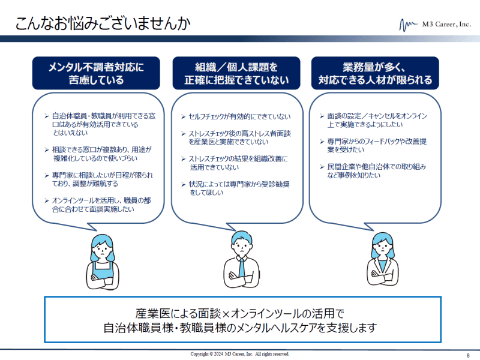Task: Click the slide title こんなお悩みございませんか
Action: pyautogui.click(x=103, y=23)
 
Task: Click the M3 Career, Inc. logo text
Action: pyautogui.click(x=446, y=24)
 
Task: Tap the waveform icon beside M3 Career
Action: pyautogui.click(x=409, y=25)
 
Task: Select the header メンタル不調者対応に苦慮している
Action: pyautogui.click(x=96, y=73)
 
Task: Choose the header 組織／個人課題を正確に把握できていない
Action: pyautogui.click(x=236, y=73)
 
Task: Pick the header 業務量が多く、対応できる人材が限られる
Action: pyautogui.click(x=375, y=73)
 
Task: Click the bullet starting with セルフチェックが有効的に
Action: pyautogui.click(x=236, y=116)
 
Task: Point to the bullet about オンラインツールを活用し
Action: pyautogui.click(x=98, y=205)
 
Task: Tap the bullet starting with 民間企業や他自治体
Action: pyautogui.click(x=373, y=171)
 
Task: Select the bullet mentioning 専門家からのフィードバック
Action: pyautogui.click(x=373, y=145)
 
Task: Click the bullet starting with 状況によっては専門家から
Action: pyautogui.click(x=235, y=188)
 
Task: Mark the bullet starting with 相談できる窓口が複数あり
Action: pyautogui.click(x=98, y=154)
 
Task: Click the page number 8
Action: pyautogui.click(x=468, y=355)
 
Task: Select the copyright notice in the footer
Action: pyautogui.click(x=239, y=354)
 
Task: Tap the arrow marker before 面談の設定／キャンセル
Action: pyautogui.click(x=322, y=116)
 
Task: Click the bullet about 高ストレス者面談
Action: pyautogui.click(x=236, y=138)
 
